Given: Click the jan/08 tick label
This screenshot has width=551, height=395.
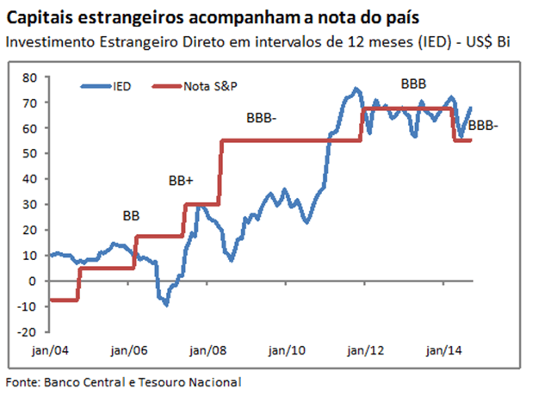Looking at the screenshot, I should click(207, 351).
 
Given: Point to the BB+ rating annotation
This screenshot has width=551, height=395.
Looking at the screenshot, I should click(181, 181).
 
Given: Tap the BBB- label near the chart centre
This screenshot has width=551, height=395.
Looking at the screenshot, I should click(262, 117).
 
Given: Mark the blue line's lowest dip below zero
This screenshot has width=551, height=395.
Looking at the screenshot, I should click(165, 305).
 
